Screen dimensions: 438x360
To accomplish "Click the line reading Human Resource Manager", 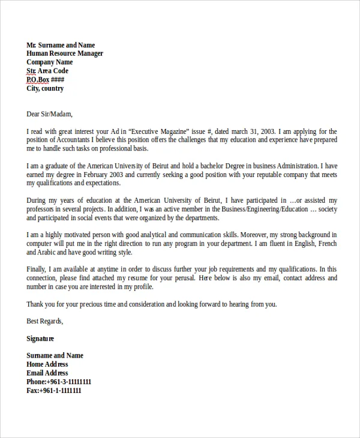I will click(65, 54).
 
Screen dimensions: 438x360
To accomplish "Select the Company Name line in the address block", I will click(50, 62).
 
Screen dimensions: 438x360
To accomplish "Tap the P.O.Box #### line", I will click(46, 80).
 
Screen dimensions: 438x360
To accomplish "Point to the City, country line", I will click(45, 89).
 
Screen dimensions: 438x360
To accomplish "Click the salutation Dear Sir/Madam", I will click(49, 114).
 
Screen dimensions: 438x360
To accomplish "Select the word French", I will click(327, 244).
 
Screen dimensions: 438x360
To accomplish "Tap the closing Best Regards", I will click(45, 322).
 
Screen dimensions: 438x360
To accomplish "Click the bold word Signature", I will click(40, 339).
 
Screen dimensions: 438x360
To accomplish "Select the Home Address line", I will click(47, 364).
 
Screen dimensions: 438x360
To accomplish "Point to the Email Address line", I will click(47, 373).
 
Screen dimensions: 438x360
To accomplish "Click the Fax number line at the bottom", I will click(54, 391).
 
